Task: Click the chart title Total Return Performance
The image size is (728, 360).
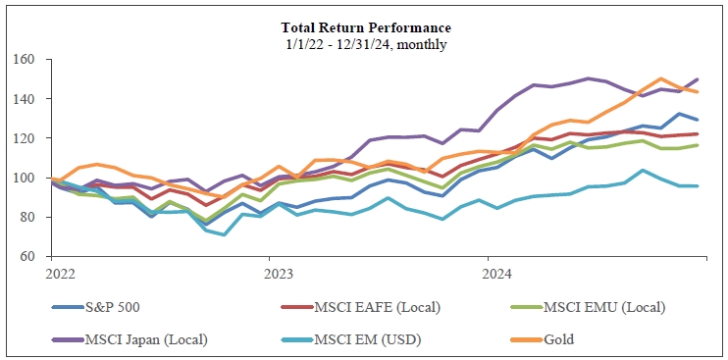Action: (x=366, y=28)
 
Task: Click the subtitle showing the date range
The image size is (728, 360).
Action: (x=366, y=45)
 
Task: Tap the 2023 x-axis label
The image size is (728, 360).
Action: (x=278, y=275)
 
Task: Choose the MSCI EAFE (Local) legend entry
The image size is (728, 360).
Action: (x=377, y=307)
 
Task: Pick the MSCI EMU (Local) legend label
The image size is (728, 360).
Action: (x=604, y=307)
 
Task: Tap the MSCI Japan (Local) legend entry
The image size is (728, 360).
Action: (x=146, y=339)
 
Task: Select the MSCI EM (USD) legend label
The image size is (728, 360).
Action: (x=368, y=339)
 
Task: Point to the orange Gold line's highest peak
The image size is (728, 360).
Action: (x=660, y=78)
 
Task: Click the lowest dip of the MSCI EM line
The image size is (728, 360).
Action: (x=225, y=234)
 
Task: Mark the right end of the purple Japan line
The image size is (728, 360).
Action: (x=698, y=79)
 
